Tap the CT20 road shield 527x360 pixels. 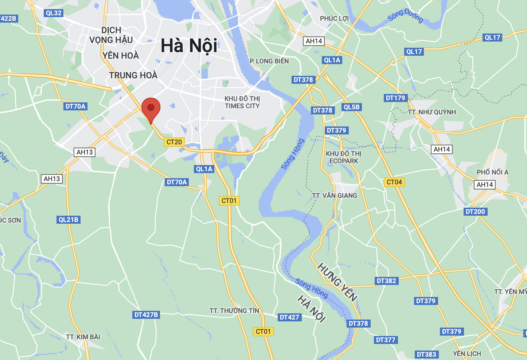(174, 142)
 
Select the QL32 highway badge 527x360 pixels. (54, 13)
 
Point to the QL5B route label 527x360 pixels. (352, 107)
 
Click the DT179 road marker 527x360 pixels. (395, 98)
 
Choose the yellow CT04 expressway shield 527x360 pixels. (394, 182)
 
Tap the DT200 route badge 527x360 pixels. (475, 212)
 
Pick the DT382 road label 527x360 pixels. (386, 281)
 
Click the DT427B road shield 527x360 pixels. (146, 315)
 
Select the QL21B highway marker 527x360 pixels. (69, 220)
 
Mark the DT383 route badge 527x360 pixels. (426, 355)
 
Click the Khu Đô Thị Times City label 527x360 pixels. (242, 102)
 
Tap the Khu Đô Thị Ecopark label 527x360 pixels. (343, 157)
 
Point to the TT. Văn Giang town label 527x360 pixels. (335, 196)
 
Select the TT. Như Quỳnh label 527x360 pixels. (432, 112)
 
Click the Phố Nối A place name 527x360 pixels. (492, 172)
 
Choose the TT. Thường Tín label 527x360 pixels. (234, 311)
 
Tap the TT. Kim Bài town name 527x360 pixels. (83, 337)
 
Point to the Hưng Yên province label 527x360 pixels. (337, 282)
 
